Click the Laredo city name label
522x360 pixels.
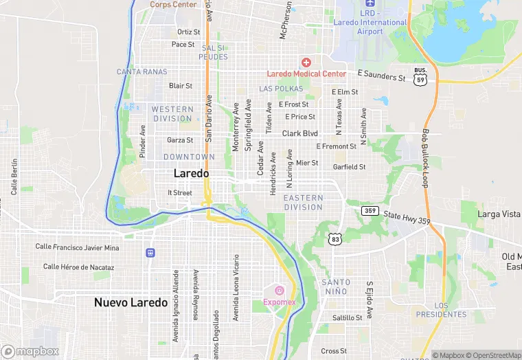tap(192, 174)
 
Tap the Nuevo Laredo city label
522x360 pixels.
tap(130, 302)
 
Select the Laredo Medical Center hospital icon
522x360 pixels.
tap(306, 63)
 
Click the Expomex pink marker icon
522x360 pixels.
tap(280, 290)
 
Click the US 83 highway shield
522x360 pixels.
tap(334, 238)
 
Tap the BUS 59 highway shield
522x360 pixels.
tap(420, 76)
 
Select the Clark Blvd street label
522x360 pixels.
tap(300, 133)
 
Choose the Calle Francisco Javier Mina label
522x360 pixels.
tap(78, 247)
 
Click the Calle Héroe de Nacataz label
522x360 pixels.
tap(78, 267)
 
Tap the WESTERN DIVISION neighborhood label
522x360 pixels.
tap(172, 114)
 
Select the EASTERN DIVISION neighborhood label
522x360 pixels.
tap(303, 203)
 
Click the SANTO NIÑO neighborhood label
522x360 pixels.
tap(337, 287)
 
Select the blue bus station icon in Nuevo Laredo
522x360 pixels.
tap(150, 253)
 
